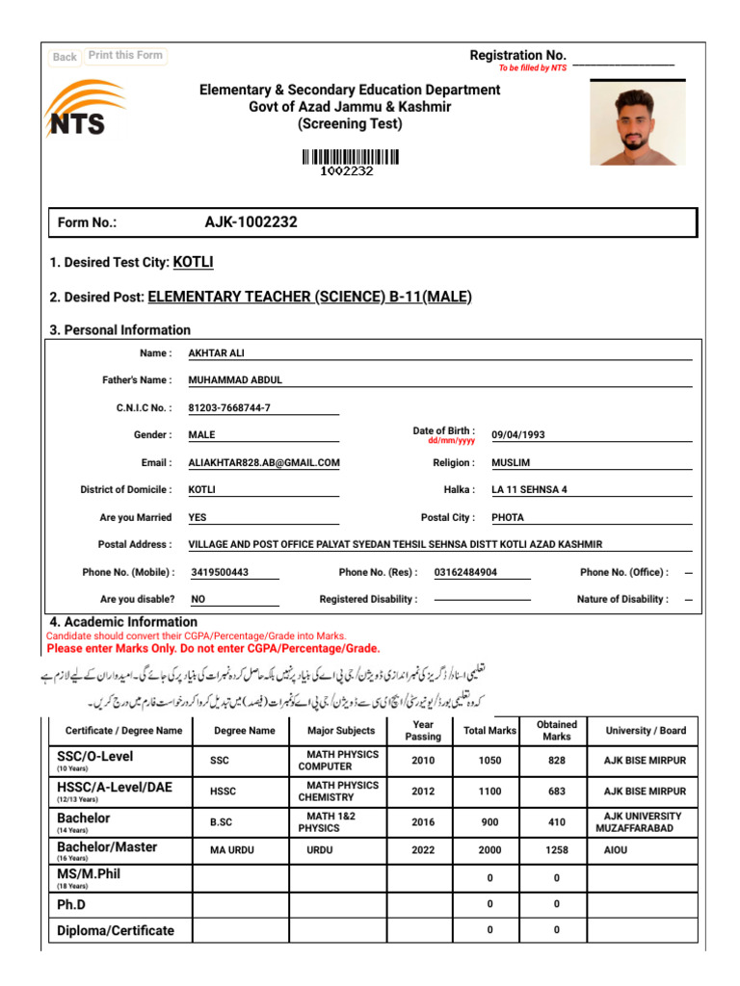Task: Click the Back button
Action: tap(65, 57)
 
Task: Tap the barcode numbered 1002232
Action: tap(350, 159)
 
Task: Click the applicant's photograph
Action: tap(637, 122)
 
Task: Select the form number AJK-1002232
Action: tap(251, 222)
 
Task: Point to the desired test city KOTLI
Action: tap(193, 262)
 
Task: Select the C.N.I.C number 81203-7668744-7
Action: tap(229, 407)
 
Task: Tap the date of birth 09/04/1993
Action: tap(518, 434)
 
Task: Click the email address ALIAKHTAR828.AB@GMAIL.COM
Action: tap(264, 462)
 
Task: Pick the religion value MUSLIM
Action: tap(511, 462)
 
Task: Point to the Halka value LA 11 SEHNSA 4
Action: tap(529, 489)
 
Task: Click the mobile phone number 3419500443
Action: tap(220, 572)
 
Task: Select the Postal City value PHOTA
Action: tap(508, 517)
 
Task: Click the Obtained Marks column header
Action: tap(556, 730)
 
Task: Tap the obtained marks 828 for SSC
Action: tap(556, 761)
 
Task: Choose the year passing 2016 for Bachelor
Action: tap(423, 822)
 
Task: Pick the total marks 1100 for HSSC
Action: tap(489, 791)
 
